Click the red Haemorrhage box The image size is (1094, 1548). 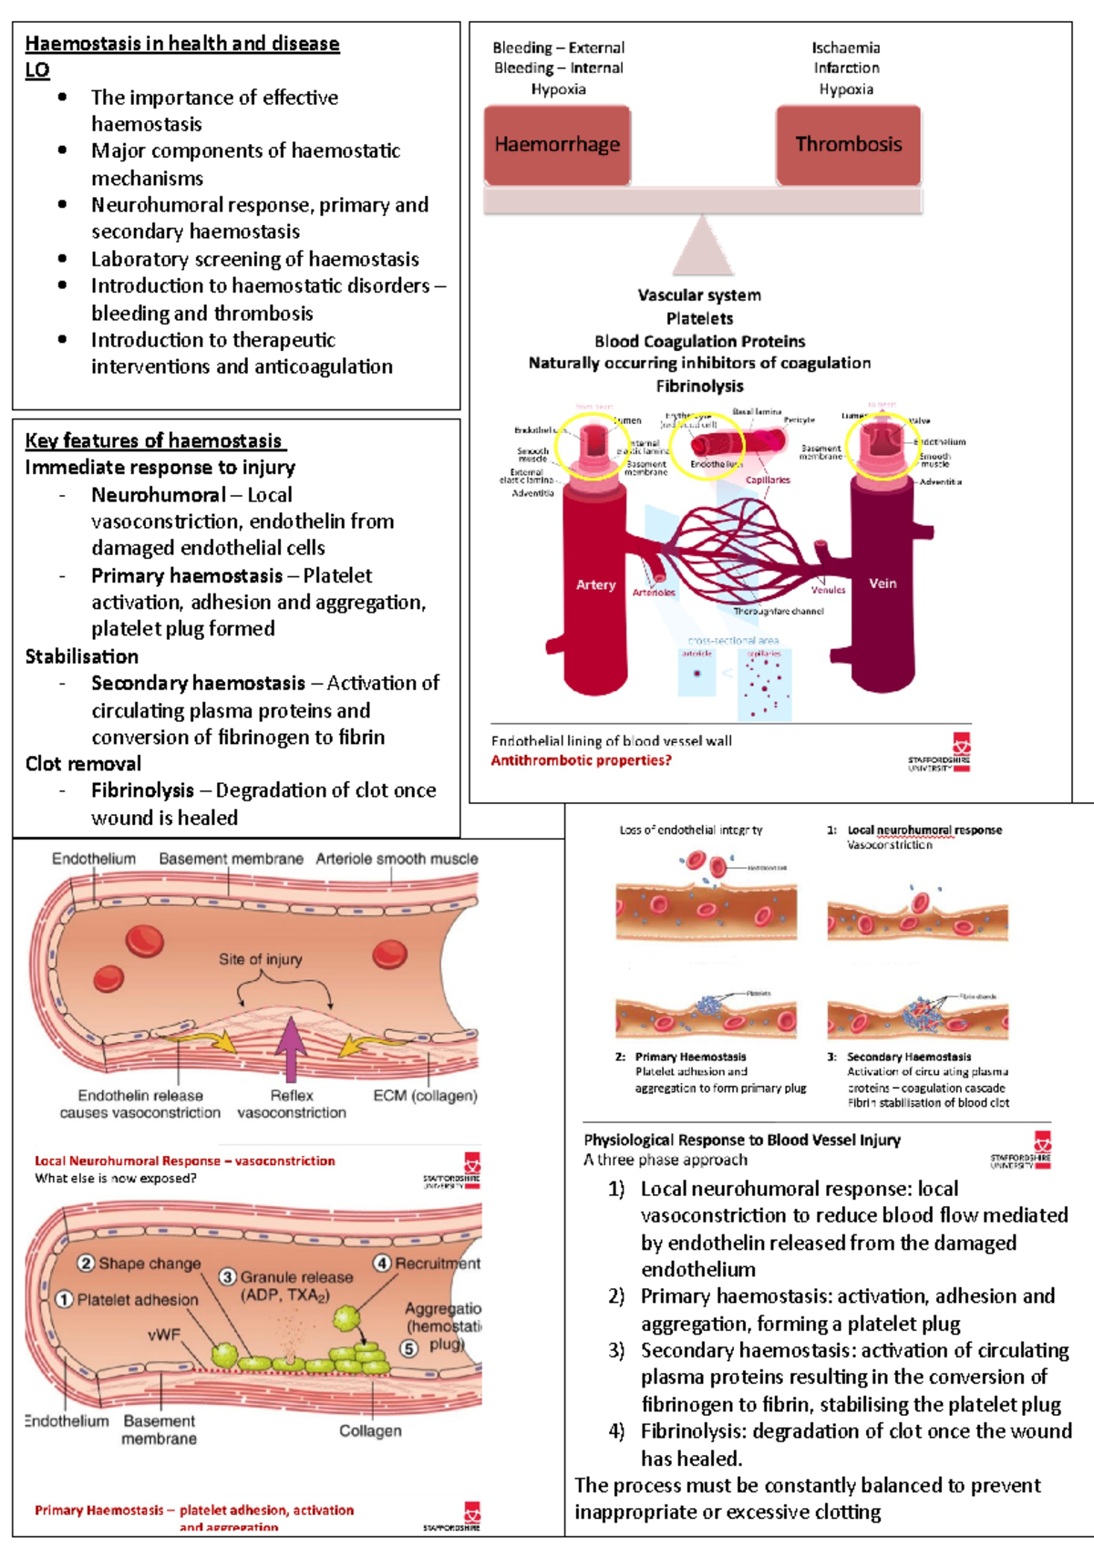click(x=557, y=145)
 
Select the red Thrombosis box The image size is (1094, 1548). click(x=848, y=145)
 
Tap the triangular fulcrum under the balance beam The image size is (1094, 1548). click(x=702, y=247)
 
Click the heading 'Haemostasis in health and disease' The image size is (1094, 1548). click(x=182, y=44)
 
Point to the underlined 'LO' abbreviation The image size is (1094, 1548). click(x=37, y=70)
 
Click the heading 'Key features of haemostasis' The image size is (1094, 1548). click(x=154, y=441)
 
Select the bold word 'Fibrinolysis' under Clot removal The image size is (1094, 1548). click(x=142, y=790)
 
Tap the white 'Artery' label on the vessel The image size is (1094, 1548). click(x=595, y=585)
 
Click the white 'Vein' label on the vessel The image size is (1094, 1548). click(x=882, y=583)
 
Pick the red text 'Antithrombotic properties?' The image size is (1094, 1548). click(x=581, y=760)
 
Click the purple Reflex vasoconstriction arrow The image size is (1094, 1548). click(x=291, y=1048)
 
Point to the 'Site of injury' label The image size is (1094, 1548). click(x=260, y=959)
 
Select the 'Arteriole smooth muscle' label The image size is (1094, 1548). click(x=397, y=859)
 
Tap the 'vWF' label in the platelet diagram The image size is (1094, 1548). click(x=164, y=1335)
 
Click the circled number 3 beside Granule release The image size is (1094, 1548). click(x=228, y=1277)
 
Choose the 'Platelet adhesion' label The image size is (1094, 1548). click(x=137, y=1300)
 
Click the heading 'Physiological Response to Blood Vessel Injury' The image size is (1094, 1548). click(x=742, y=1140)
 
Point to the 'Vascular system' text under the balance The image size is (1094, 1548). click(x=699, y=295)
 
